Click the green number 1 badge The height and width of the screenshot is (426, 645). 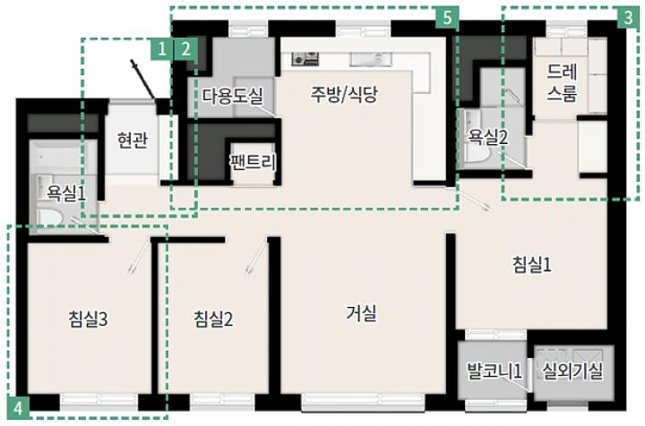[x=161, y=49]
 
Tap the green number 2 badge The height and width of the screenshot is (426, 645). [x=185, y=49]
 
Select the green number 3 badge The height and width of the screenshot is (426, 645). [x=629, y=18]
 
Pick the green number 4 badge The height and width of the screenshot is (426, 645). [x=18, y=408]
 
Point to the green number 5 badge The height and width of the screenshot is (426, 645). [x=448, y=18]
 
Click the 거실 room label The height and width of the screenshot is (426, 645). [x=362, y=314]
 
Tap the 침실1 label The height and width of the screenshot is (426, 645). [x=532, y=265]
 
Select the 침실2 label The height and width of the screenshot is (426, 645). [x=213, y=319]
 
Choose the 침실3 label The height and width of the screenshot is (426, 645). [x=89, y=319]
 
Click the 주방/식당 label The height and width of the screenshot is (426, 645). [x=344, y=95]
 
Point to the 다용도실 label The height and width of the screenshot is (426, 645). [x=232, y=96]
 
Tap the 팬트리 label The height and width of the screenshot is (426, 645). [x=253, y=162]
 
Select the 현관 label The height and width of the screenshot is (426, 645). [x=132, y=141]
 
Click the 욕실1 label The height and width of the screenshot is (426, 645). [x=66, y=192]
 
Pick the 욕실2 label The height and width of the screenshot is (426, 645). [x=488, y=137]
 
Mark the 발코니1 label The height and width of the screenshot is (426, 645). [x=494, y=371]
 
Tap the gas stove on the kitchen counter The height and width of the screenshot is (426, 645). [x=305, y=59]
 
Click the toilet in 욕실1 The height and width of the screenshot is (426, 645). [x=48, y=216]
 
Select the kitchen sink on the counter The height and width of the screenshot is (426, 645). [x=370, y=60]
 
